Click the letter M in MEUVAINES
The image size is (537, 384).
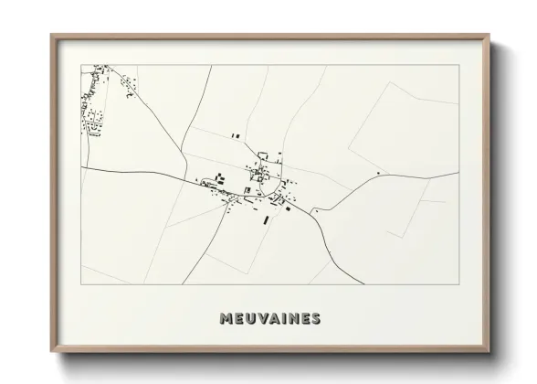[x=226, y=319]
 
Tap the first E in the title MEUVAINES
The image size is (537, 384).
[x=239, y=319]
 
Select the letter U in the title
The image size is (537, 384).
[x=251, y=319]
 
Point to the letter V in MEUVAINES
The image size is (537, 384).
[x=263, y=319]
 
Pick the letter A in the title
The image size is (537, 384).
[x=275, y=319]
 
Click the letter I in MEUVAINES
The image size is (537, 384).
[x=284, y=319]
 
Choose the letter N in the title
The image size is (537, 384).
[x=293, y=319]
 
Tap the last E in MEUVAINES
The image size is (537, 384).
[x=305, y=319]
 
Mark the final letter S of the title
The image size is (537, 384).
[x=316, y=319]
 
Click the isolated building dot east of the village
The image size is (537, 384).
[x=377, y=171]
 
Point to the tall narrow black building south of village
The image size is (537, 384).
[x=267, y=219]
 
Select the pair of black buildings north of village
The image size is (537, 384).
[x=236, y=135]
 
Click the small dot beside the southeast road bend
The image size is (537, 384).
[x=314, y=211]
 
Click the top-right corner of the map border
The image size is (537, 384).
[x=458, y=65]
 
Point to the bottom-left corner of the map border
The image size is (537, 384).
[x=81, y=284]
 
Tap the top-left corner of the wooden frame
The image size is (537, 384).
[x=51, y=36]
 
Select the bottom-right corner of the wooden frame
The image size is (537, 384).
[x=490, y=352]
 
